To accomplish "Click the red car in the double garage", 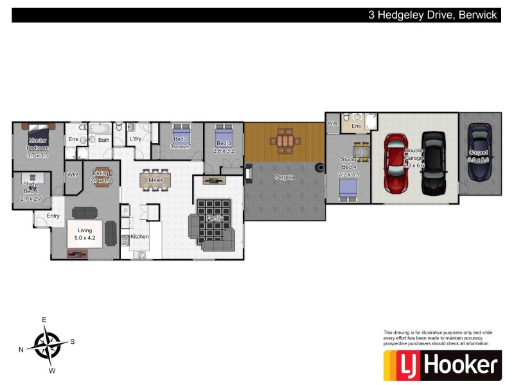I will [x=395, y=163].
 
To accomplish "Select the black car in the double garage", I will [x=433, y=163].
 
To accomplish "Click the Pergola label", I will [x=284, y=176].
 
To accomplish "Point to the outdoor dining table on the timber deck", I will [x=285, y=140].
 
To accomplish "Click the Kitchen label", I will [x=139, y=237].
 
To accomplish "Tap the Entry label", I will [x=53, y=216].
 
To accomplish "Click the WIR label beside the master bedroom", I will [x=73, y=174].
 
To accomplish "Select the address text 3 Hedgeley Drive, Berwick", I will [x=432, y=15].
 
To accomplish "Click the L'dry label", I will [x=135, y=139].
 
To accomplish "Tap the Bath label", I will [x=103, y=140].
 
